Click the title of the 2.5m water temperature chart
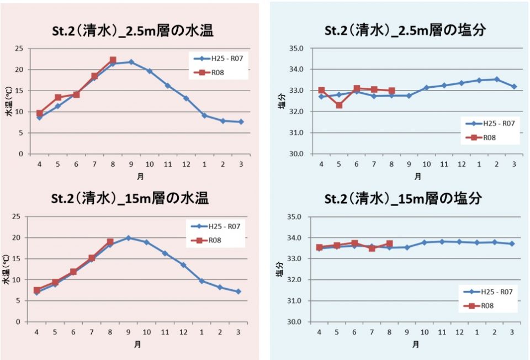tap(132, 31)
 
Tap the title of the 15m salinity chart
tap(403, 198)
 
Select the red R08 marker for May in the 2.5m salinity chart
tap(339, 105)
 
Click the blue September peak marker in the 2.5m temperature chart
tap(131, 62)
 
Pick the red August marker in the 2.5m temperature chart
tap(113, 60)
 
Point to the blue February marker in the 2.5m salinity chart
tap(496, 80)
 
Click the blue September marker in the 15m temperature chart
tap(128, 238)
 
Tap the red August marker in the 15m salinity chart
tap(389, 243)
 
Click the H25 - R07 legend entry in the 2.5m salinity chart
tap(490, 123)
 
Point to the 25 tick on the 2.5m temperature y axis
tap(19, 49)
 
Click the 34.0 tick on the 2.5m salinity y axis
tap(296, 70)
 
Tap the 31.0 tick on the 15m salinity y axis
tap(294, 301)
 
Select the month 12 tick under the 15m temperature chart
tap(183, 332)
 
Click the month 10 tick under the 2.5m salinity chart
tap(427, 165)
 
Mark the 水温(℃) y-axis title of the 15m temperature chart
tap(7, 269)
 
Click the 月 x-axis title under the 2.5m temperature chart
tap(140, 176)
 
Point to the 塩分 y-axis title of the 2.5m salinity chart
tap(282, 102)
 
